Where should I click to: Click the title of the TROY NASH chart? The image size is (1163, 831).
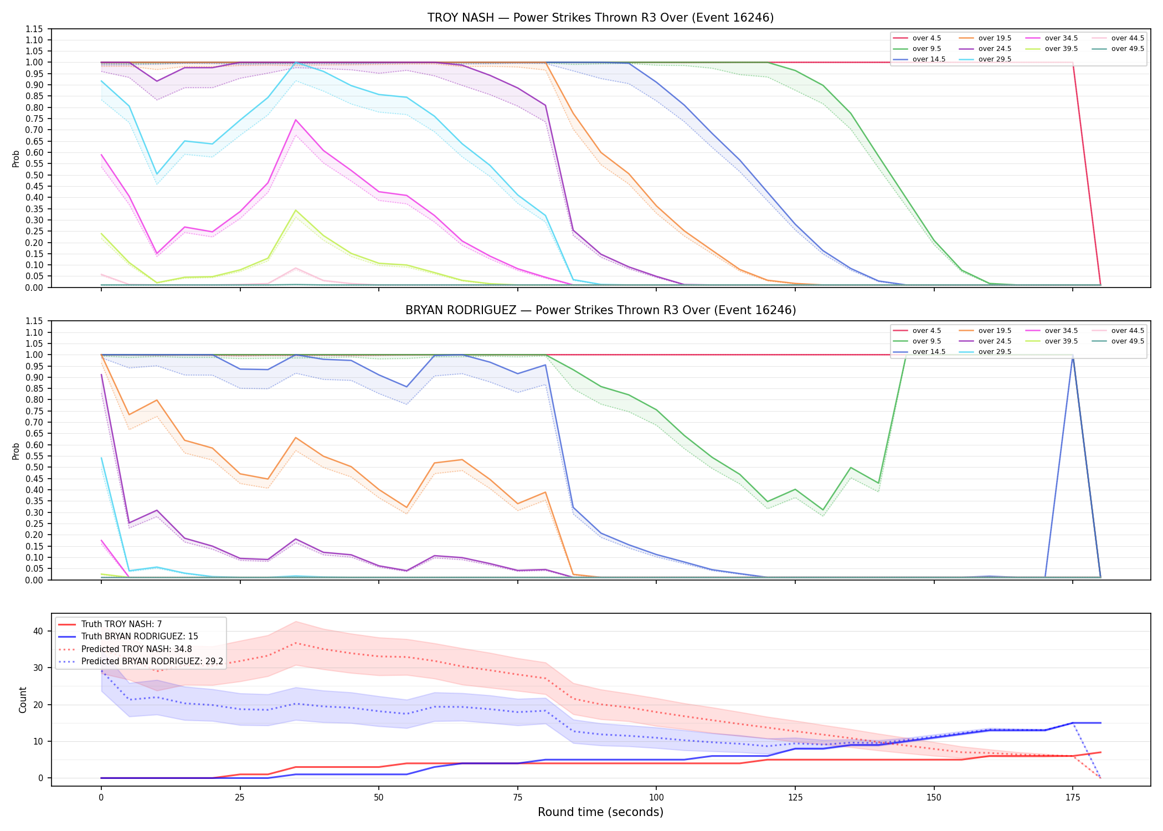(600, 18)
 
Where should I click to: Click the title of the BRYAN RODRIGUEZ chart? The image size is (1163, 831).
(600, 310)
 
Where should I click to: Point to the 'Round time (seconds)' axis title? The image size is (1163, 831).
(600, 812)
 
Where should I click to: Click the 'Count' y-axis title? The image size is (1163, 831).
(23, 700)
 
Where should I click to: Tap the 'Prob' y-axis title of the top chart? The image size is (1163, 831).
(16, 158)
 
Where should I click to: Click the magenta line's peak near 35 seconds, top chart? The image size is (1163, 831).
(296, 120)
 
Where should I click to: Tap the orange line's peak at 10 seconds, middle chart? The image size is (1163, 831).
(157, 400)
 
